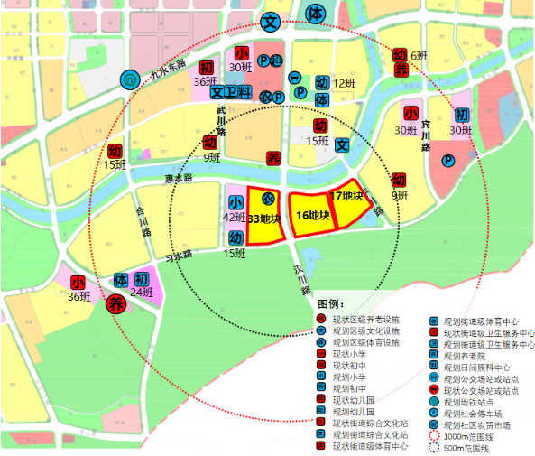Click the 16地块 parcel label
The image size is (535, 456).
(311, 215)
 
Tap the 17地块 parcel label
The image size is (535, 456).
(346, 196)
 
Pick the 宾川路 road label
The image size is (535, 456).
(425, 135)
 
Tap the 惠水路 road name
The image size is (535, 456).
(180, 179)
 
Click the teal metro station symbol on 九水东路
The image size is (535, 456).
(130, 80)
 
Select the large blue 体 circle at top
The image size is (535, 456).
(315, 14)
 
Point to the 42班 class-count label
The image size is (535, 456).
(235, 218)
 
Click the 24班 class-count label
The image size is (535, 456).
(142, 293)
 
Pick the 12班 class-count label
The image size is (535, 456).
(344, 84)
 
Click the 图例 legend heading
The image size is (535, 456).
(330, 303)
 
